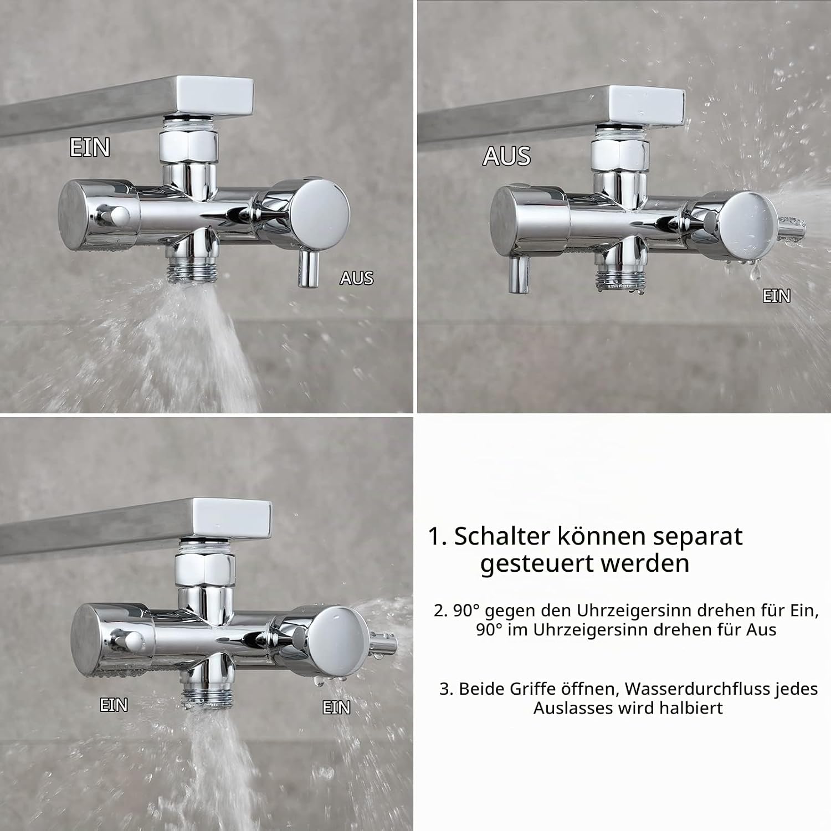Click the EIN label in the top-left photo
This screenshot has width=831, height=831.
[x=90, y=147]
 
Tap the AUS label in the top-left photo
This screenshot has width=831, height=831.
[x=357, y=278]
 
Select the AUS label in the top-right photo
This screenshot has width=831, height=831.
[x=506, y=156]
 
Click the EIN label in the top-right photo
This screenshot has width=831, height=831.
[x=776, y=296]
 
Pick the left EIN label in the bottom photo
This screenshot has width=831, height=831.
[x=114, y=705]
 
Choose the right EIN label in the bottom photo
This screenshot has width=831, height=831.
[x=336, y=707]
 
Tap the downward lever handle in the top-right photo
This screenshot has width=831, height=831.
[x=519, y=274]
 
